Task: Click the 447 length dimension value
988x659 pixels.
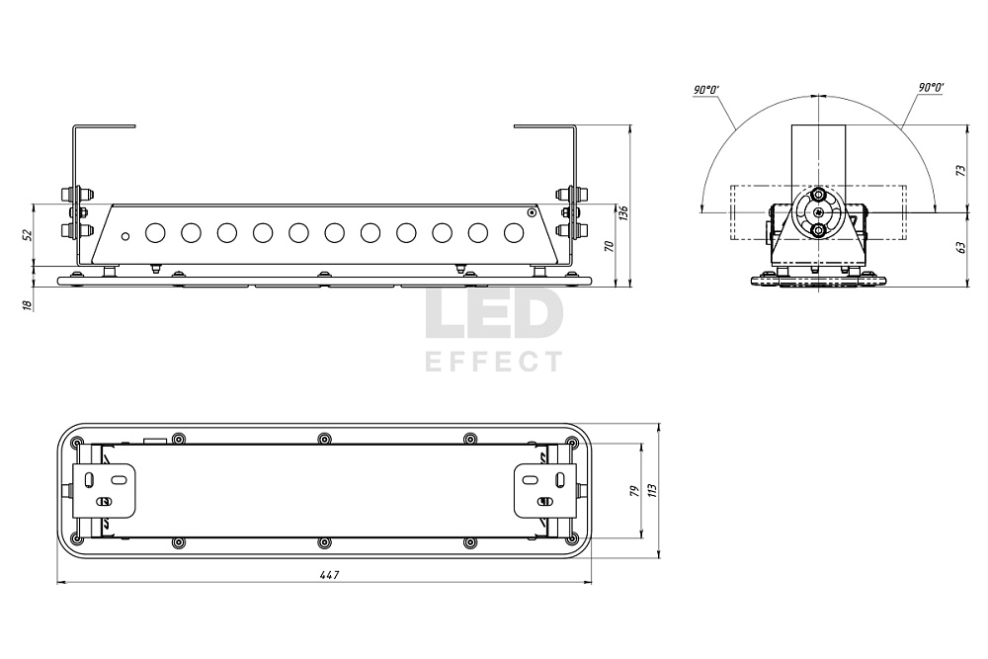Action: pos(330,575)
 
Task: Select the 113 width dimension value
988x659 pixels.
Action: pos(652,491)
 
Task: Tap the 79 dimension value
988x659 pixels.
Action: pos(635,491)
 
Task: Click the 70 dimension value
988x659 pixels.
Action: pos(609,246)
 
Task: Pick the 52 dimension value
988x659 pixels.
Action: pos(27,234)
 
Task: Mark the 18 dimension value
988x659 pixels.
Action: pos(27,305)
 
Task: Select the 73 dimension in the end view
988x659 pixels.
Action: pos(961,171)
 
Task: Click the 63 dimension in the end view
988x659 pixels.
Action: pos(961,247)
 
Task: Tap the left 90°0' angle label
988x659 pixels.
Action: pos(706,90)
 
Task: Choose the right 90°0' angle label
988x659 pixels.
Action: pos(932,88)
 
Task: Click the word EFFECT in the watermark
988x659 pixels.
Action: pos(493,363)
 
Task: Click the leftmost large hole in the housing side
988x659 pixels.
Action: pos(155,233)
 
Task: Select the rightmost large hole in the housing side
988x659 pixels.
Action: pos(514,233)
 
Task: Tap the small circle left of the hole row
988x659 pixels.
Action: pos(125,236)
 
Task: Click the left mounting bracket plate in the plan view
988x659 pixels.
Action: pos(105,491)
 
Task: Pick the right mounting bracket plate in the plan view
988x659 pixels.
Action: pos(545,491)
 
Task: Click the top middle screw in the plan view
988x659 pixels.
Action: pos(324,439)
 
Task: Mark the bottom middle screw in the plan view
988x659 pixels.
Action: pos(324,542)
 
